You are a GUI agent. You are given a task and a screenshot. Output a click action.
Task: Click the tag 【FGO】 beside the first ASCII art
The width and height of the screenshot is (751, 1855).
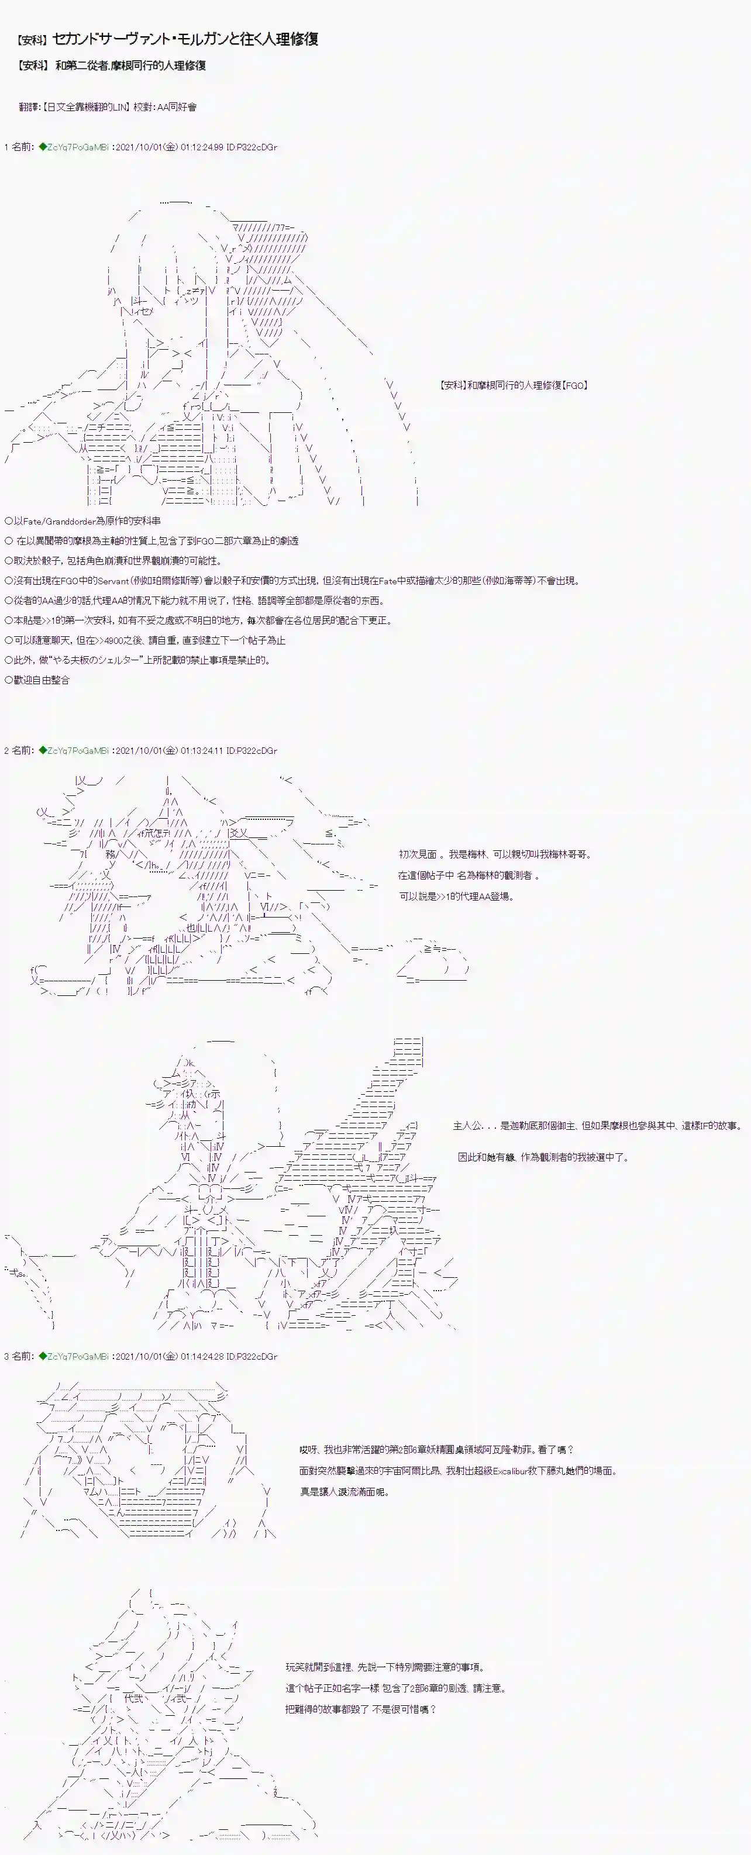click(574, 385)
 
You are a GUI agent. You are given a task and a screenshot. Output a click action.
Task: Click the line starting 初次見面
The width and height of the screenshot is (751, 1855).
click(495, 854)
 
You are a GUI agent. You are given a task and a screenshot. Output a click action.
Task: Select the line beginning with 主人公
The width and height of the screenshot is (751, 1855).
click(598, 1126)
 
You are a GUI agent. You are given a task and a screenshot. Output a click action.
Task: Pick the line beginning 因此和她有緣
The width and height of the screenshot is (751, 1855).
click(543, 1157)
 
